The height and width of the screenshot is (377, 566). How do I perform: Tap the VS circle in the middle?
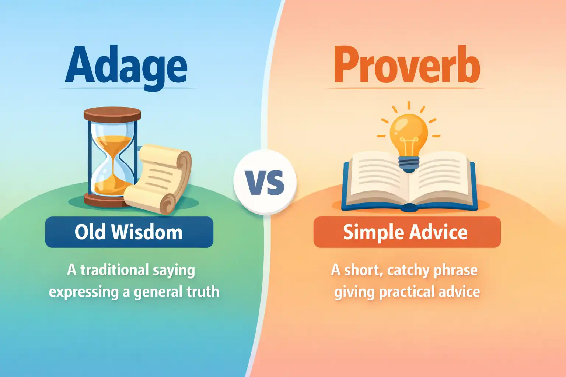(265, 182)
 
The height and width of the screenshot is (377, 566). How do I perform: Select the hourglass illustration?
(111, 156)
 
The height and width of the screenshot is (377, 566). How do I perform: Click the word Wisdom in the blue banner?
(147, 232)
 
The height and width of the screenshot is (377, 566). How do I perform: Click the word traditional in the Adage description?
(114, 270)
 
